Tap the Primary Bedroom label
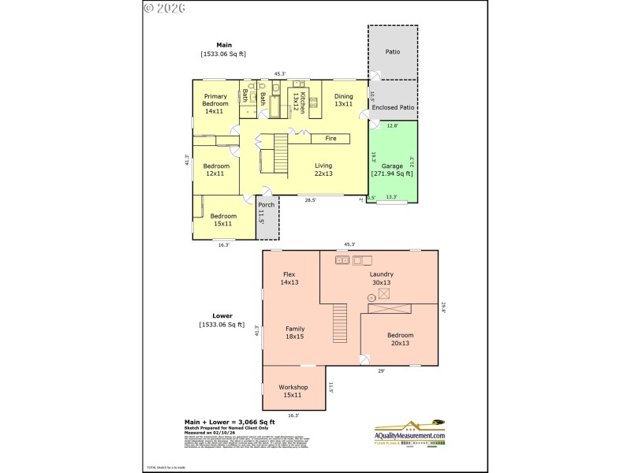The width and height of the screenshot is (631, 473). click(215, 104)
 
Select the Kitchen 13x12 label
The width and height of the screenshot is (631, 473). click(298, 100)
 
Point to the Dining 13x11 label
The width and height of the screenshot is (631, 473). click(343, 100)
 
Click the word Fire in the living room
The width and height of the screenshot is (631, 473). click(331, 139)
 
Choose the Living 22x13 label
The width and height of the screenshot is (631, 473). click(323, 169)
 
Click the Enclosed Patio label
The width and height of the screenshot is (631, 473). click(393, 107)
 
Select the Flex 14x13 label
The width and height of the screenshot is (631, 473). click(289, 277)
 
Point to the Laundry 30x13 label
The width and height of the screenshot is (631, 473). click(381, 277)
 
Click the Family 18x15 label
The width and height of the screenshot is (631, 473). click(294, 332)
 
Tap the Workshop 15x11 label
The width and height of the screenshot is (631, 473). click(293, 391)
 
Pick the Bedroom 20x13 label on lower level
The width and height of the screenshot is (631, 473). click(400, 339)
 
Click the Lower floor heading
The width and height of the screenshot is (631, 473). click(222, 315)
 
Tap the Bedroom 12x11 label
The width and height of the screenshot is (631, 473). click(215, 169)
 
